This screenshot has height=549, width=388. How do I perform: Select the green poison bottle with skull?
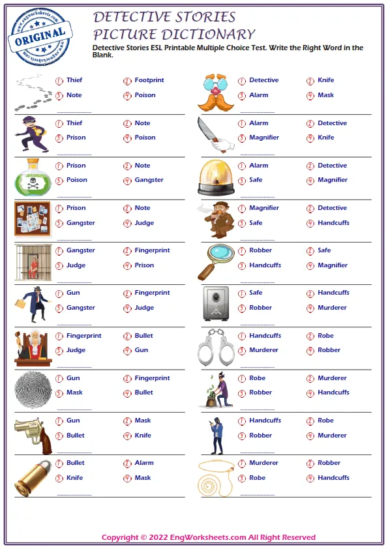[32, 177]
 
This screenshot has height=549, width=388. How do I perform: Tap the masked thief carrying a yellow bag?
[31, 134]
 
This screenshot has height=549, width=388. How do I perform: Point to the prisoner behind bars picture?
[33, 261]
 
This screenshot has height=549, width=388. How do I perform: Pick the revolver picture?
[33, 433]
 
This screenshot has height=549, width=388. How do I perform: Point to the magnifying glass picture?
[216, 261]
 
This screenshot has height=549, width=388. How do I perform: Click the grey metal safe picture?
[216, 304]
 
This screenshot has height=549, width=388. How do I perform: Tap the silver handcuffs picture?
[216, 347]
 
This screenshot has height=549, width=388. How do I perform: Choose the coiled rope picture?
[216, 476]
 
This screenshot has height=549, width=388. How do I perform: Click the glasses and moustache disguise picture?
[216, 92]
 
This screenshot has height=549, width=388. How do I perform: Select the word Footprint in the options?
[149, 80]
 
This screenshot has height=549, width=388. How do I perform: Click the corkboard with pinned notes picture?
[33, 218]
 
